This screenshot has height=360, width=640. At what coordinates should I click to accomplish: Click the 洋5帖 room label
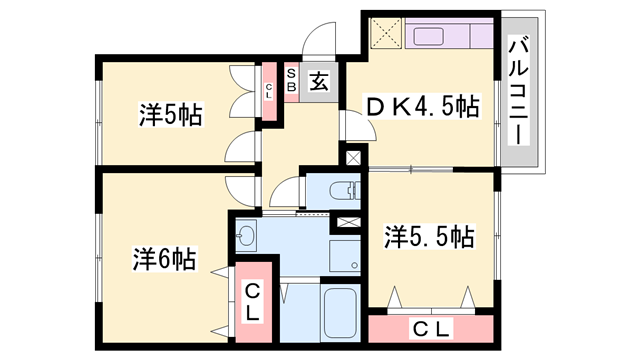(x=169, y=115)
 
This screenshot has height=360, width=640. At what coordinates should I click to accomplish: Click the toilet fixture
(x=341, y=188)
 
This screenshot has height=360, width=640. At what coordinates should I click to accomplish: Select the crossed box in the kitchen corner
(x=384, y=34)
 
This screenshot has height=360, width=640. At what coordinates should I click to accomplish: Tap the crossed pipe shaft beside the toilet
(x=351, y=222)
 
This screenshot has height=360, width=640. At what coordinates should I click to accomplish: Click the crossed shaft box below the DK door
(x=353, y=155)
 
